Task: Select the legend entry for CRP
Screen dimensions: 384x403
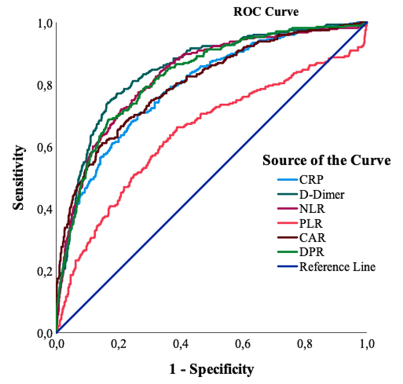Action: [x=309, y=179]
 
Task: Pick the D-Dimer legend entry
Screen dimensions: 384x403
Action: [x=322, y=194]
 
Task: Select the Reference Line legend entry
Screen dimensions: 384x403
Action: [x=337, y=267]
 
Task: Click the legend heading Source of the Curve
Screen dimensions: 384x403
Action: [x=327, y=160]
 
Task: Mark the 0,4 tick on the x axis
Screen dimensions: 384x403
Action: [x=181, y=344]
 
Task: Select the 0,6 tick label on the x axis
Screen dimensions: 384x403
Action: [x=243, y=344]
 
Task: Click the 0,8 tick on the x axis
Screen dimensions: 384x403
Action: [x=305, y=344]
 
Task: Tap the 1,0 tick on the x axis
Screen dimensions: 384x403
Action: [x=367, y=344]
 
